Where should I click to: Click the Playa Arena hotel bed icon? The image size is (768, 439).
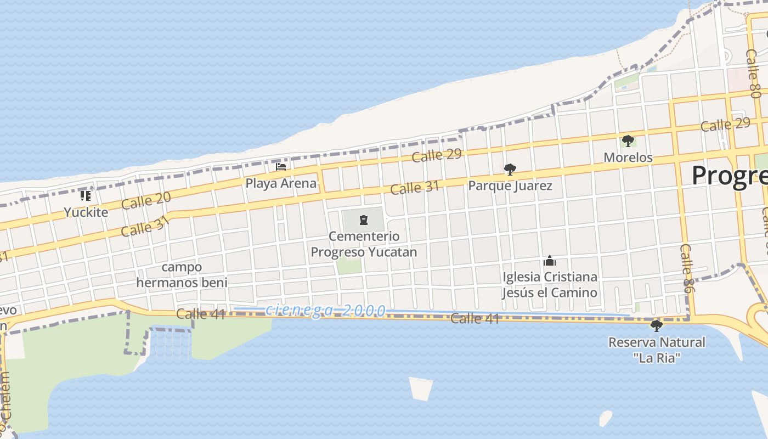(281, 166)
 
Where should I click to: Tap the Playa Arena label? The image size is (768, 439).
(281, 183)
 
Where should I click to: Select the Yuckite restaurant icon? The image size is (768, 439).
(85, 195)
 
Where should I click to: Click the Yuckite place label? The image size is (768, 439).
(86, 212)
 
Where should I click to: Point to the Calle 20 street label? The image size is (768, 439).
(146, 200)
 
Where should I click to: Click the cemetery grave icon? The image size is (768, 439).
(363, 221)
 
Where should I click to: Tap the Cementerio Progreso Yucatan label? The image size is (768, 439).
(364, 244)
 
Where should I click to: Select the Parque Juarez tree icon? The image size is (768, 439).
(510, 169)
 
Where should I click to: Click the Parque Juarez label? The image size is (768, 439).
(510, 186)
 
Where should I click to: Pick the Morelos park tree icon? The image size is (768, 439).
(628, 141)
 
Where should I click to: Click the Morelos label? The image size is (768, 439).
(628, 157)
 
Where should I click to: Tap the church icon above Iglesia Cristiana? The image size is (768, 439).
(550, 261)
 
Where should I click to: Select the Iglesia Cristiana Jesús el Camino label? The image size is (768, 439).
(550, 284)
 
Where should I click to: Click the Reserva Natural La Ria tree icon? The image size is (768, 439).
(656, 326)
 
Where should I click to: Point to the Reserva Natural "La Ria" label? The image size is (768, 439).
(657, 350)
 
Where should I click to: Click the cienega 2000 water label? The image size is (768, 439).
(325, 311)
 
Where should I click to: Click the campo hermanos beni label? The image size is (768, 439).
(182, 275)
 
